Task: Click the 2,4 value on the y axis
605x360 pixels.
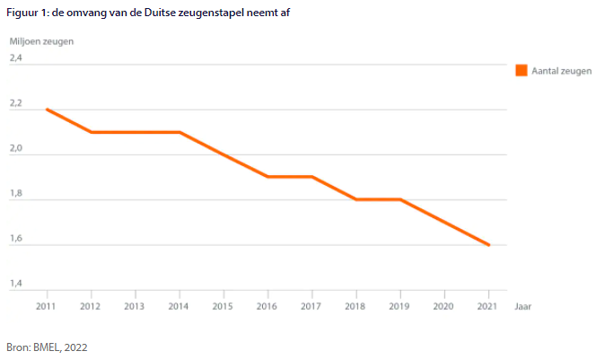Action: tap(16, 59)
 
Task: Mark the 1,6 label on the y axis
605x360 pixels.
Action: tap(16, 240)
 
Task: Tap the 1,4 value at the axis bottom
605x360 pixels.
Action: tap(16, 285)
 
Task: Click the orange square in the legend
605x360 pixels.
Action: tap(521, 70)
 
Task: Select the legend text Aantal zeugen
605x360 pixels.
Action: tap(561, 70)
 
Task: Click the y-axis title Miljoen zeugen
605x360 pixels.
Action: tap(41, 41)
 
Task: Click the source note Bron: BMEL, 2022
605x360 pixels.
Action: tap(48, 347)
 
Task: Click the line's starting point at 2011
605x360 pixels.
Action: tap(47, 110)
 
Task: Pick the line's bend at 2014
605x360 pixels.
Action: tap(180, 132)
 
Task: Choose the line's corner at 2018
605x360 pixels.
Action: tap(356, 199)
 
